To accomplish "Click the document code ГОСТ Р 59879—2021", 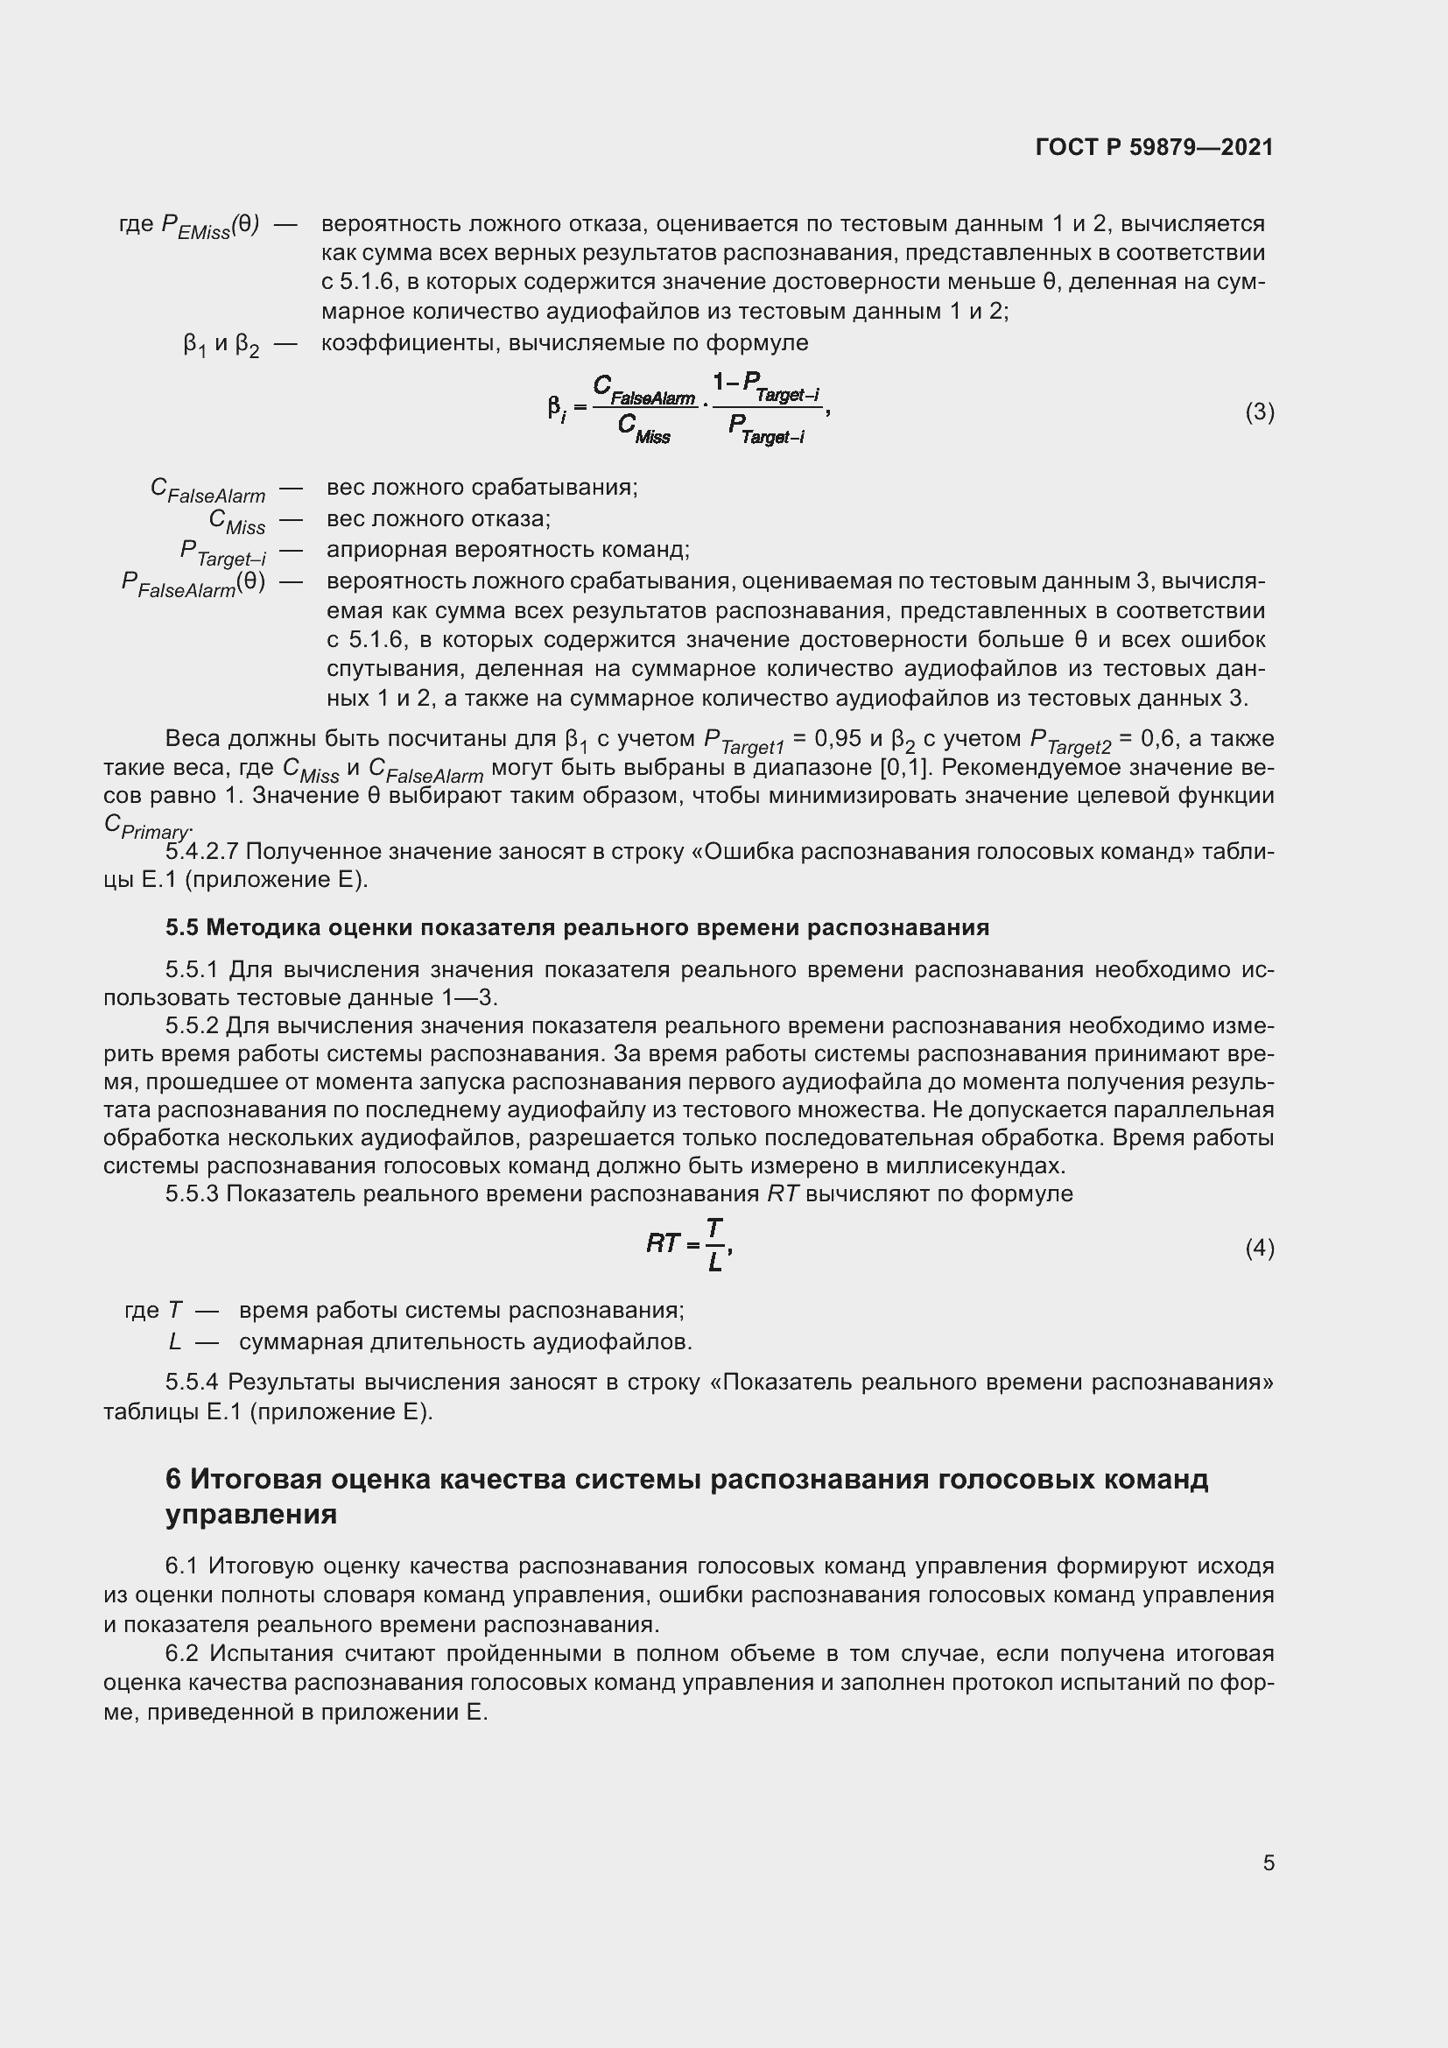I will [x=1154, y=147].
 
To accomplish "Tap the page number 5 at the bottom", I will [x=1268, y=1863].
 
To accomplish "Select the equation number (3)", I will [x=1259, y=412].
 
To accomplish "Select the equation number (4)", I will [x=1259, y=1248].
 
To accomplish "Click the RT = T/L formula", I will [x=689, y=1244].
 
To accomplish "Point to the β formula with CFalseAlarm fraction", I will [x=688, y=410].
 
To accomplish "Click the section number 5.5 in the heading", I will [x=181, y=927].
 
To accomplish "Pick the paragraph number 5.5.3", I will [x=192, y=1193].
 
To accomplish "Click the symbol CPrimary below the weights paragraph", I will [x=146, y=826].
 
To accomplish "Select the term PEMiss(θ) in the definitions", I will [x=209, y=227].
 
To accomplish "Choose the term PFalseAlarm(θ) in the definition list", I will [x=193, y=584].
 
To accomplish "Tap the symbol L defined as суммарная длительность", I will [x=174, y=1341].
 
